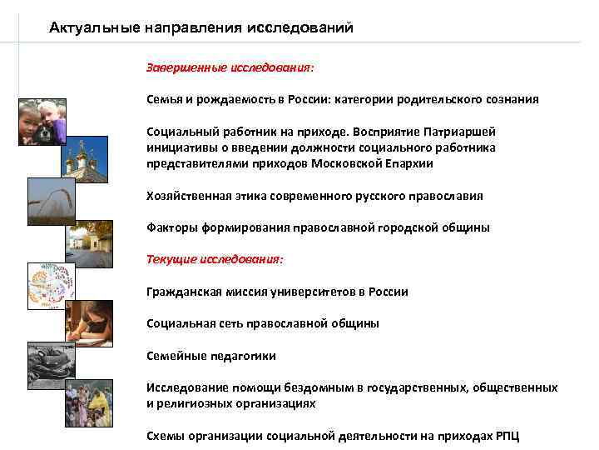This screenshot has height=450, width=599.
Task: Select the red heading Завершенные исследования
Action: (230, 65)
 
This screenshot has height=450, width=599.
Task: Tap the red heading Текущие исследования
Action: (215, 259)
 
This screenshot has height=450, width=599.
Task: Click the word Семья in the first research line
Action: (163, 99)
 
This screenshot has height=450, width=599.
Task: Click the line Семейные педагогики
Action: (210, 356)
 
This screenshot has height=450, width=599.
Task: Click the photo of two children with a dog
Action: (42, 122)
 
